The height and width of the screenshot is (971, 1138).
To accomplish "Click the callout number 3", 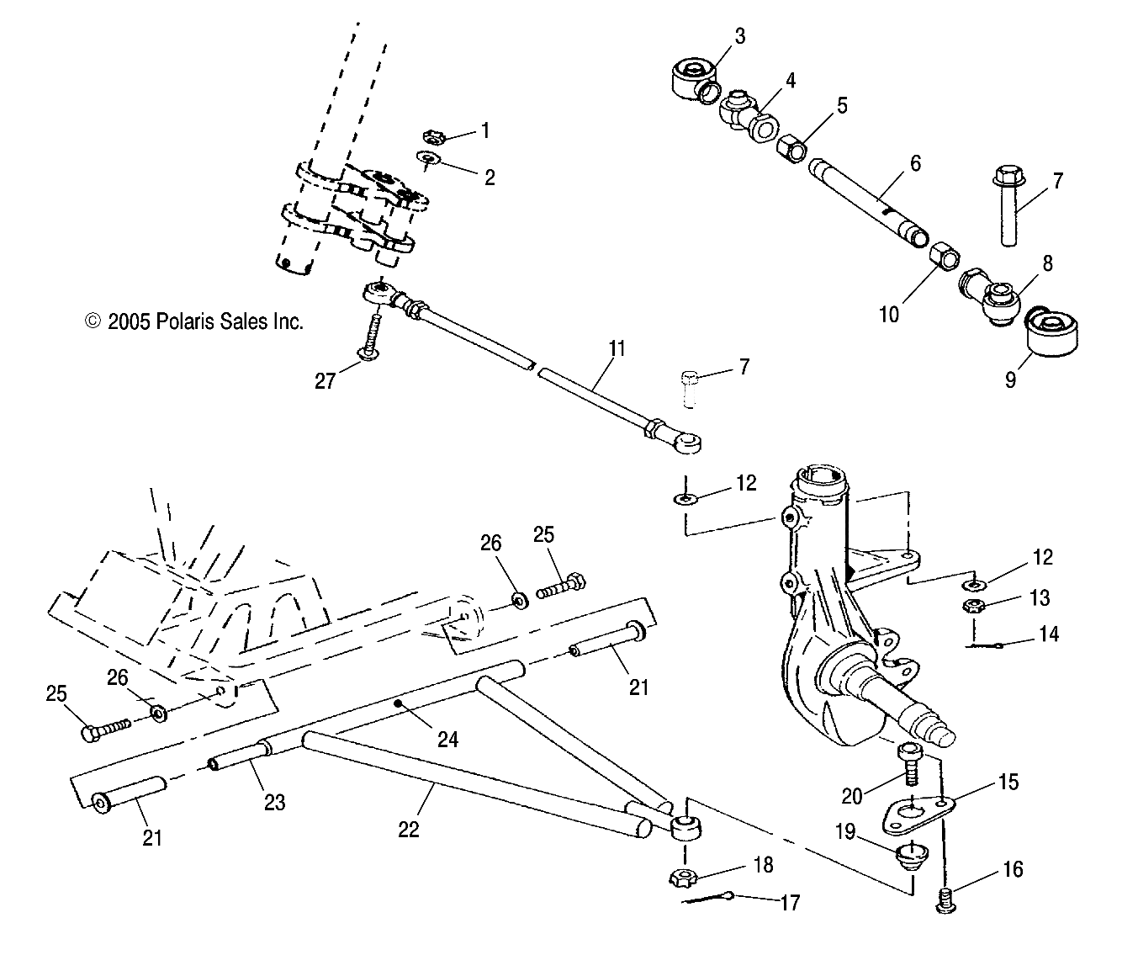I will click(x=739, y=35).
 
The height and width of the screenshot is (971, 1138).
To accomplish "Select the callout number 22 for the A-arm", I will click(x=408, y=828).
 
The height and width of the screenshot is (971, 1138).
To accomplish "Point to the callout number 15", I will click(x=1008, y=782).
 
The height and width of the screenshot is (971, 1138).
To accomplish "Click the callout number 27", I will click(x=326, y=381).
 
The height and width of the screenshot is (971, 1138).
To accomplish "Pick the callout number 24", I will click(x=447, y=739).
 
